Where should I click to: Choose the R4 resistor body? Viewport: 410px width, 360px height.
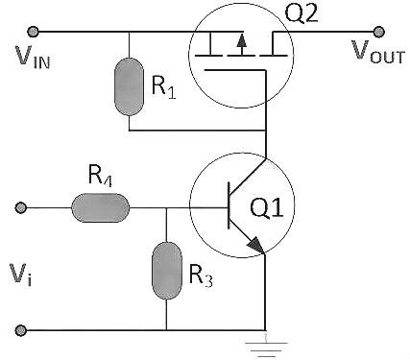tap(101, 206)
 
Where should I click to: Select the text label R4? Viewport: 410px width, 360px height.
tap(99, 178)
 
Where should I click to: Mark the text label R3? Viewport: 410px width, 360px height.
tap(200, 277)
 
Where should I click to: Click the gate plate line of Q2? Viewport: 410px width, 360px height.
tap(240, 69)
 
